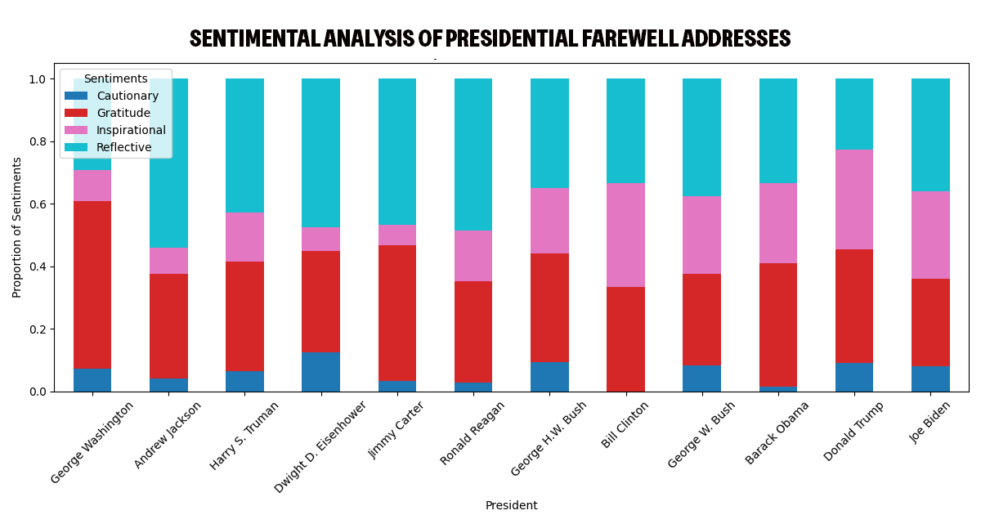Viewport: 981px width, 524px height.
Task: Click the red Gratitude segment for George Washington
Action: coord(92,285)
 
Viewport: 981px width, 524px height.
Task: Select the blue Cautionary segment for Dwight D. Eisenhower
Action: coord(320,372)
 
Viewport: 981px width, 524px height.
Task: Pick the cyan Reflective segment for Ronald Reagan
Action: coord(473,155)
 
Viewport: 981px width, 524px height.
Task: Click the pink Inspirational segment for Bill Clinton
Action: coord(625,235)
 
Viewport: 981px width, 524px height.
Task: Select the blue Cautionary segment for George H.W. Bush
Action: coord(549,377)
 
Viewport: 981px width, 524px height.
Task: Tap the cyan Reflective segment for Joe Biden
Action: coord(930,135)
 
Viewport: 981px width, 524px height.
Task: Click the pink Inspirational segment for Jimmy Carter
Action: coord(397,235)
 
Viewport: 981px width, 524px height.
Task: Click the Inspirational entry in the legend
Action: coord(131,130)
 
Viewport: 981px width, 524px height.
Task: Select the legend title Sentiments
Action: coord(115,78)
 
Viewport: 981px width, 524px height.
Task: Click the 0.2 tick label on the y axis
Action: coord(38,329)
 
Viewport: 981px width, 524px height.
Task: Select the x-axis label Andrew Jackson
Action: coord(168,434)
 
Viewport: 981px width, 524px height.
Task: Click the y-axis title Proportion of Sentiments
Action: coord(17,227)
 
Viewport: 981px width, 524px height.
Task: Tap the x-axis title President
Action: coord(511,505)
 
